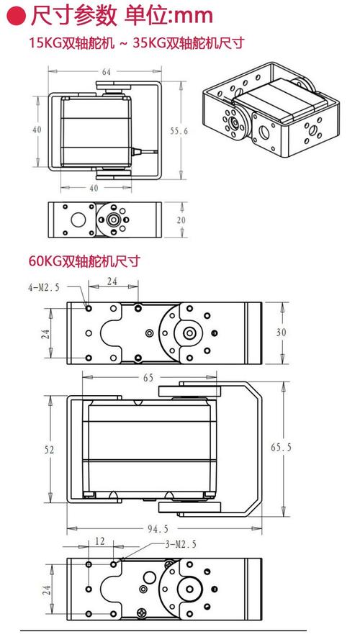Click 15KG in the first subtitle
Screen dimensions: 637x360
click(x=44, y=42)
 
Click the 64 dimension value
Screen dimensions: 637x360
click(x=106, y=72)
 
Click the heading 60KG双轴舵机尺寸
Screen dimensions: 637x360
click(x=84, y=261)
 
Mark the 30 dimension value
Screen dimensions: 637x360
click(x=282, y=332)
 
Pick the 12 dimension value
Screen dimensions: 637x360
click(x=99, y=541)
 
